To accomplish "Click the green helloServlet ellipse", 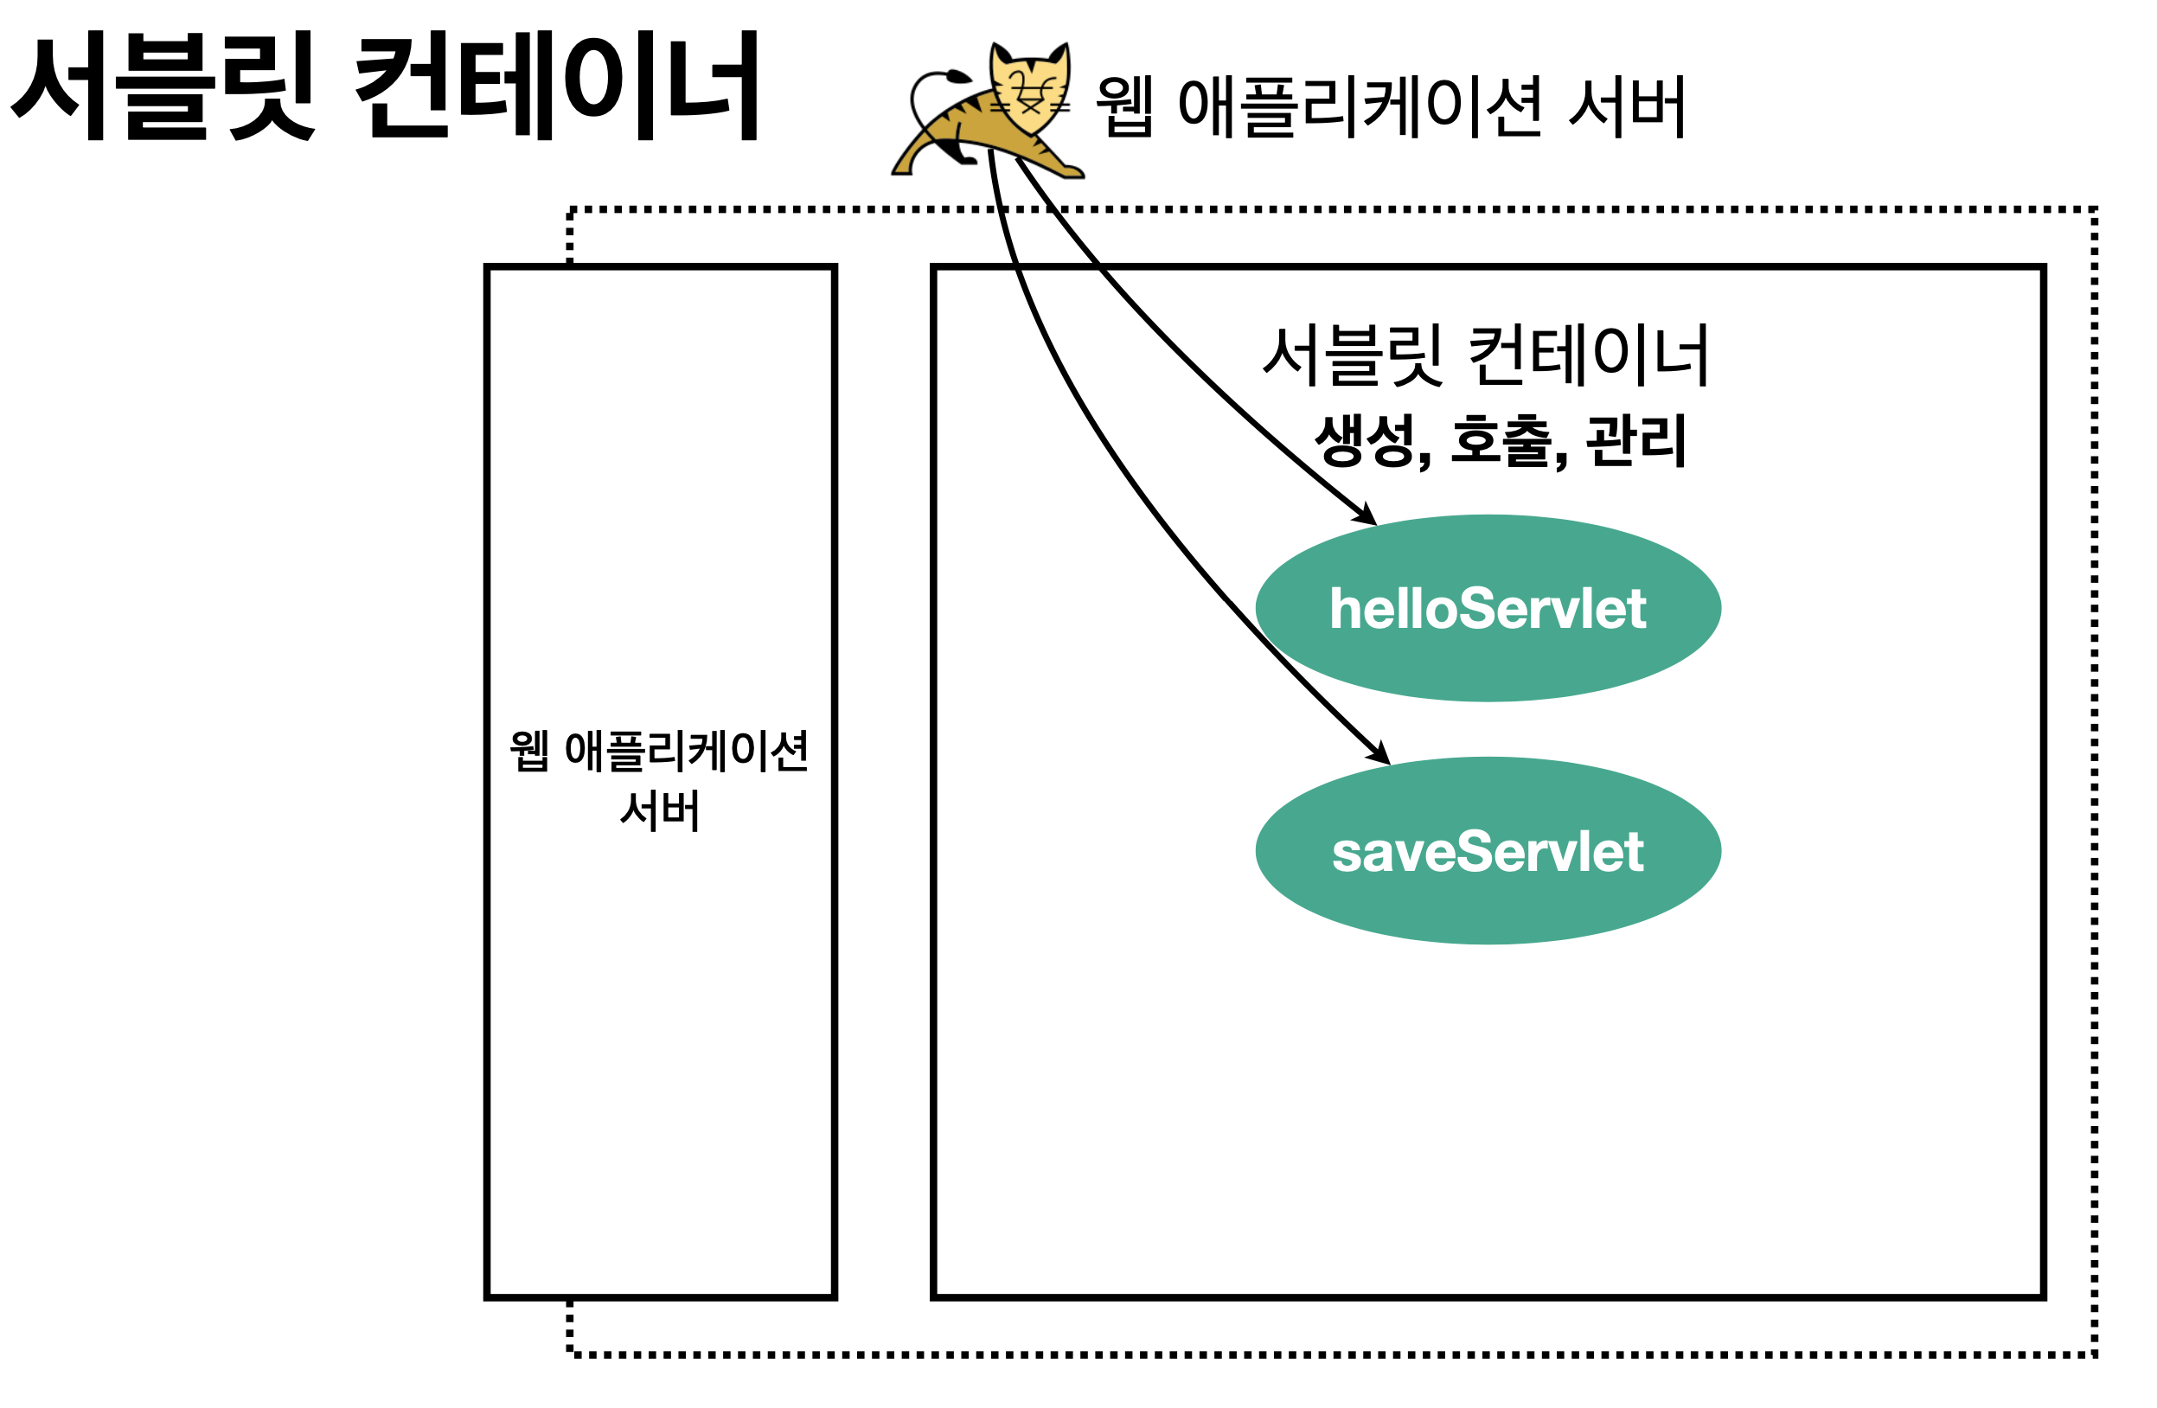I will point(1488,609).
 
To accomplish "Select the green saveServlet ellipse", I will point(1488,852).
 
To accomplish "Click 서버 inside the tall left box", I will point(660,810).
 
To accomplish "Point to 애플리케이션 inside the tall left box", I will point(686,751).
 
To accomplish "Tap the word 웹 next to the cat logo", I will point(1123,107).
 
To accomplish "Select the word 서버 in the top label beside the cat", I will point(1628,107).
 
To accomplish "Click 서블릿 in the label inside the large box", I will point(1351,355).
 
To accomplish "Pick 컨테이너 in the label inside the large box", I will point(1588,355).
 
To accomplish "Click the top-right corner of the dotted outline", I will point(2095,210).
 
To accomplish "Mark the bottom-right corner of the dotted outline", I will point(2095,1354).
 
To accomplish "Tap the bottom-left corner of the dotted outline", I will point(570,1354).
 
